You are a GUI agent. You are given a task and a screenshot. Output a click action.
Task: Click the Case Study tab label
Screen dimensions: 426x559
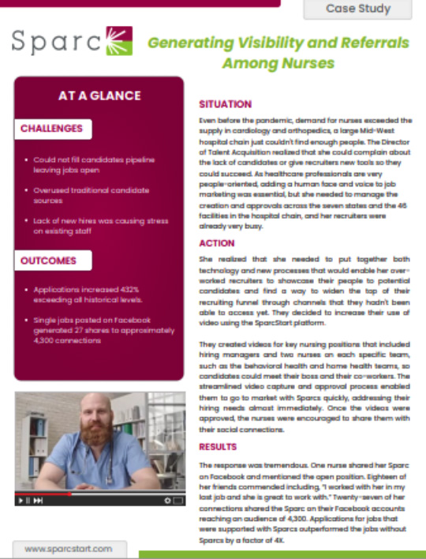[x=358, y=9]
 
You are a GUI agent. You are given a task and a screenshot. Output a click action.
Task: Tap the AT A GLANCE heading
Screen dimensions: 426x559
[x=99, y=96]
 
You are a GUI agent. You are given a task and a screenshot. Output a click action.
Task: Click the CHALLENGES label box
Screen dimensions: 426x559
[x=50, y=128]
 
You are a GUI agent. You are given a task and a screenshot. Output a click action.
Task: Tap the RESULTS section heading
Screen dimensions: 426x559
[x=218, y=448]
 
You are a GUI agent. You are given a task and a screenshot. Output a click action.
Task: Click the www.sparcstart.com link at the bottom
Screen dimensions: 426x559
[x=69, y=548]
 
